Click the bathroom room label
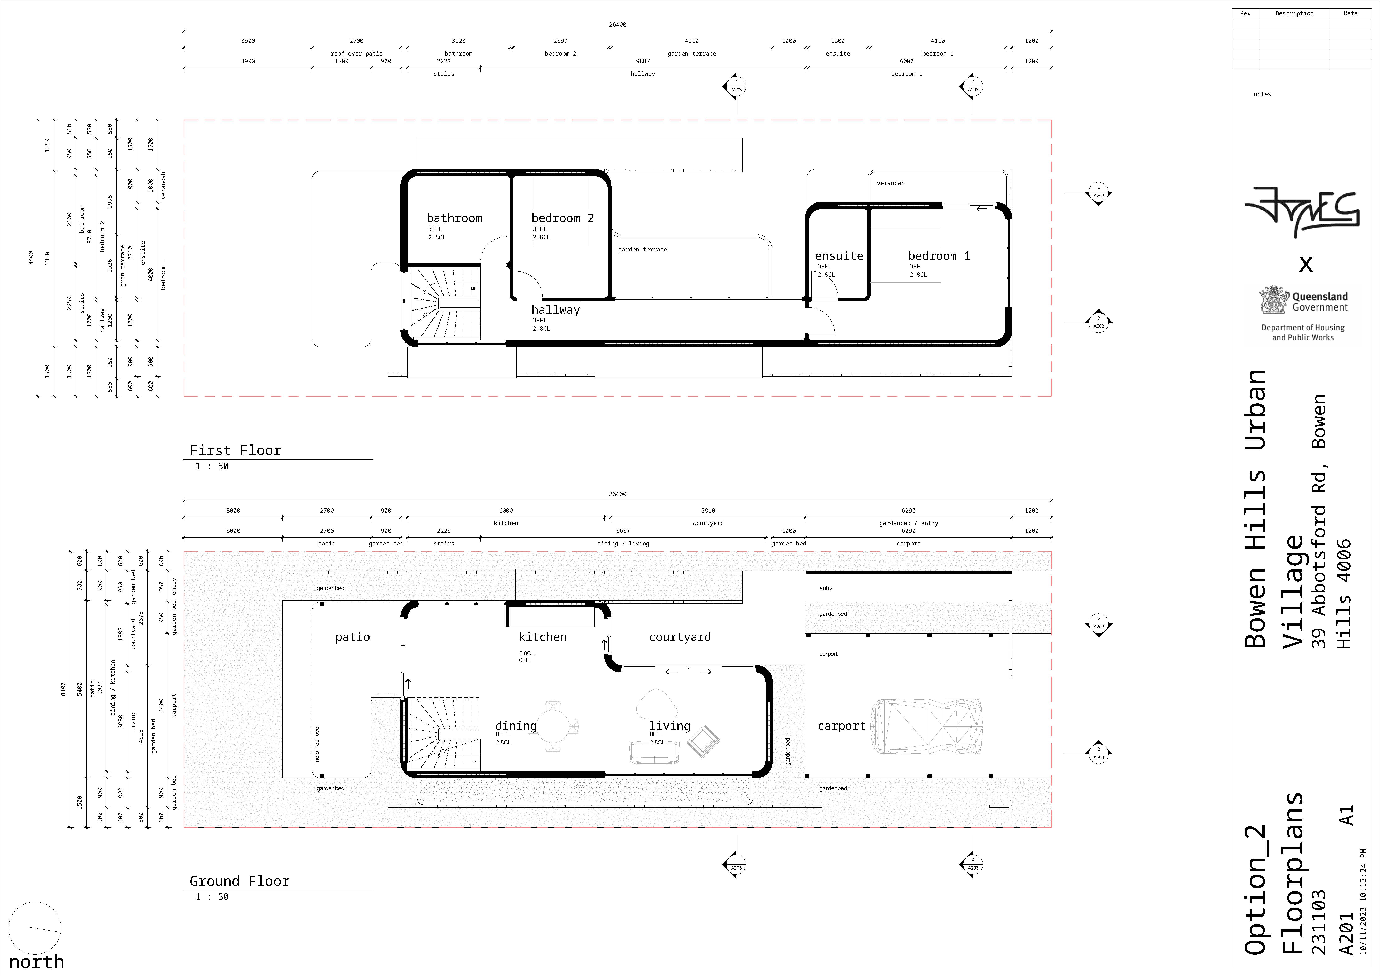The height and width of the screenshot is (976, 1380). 454,218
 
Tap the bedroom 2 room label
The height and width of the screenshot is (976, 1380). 563,218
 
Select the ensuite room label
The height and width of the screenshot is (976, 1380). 839,256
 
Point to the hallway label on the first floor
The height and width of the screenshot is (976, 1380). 556,310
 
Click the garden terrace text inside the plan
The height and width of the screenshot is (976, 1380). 642,249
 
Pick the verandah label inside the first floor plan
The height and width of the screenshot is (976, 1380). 891,183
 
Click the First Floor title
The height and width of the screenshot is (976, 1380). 236,450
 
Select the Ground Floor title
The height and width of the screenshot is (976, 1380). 240,881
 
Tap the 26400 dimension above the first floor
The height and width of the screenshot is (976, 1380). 618,25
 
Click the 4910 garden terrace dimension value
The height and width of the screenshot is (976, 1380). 692,41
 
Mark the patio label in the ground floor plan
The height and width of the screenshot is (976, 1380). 353,637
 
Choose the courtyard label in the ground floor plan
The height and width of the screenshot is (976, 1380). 680,637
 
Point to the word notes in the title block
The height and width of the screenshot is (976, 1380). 1262,94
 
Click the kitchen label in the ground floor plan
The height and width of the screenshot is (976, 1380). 543,637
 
